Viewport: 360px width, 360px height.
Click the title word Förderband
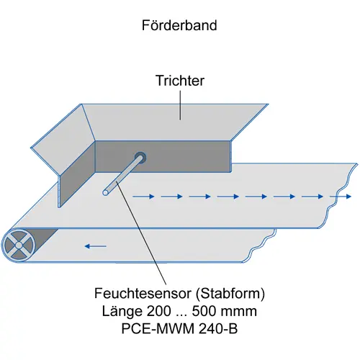(x=179, y=25)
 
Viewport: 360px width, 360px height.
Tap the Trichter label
(x=180, y=81)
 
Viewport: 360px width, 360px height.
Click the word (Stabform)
(x=230, y=294)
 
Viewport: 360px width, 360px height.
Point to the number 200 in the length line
(x=158, y=311)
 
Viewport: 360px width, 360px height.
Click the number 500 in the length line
(x=204, y=311)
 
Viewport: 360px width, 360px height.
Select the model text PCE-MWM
(x=158, y=328)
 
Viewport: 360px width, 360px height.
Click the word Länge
(x=122, y=312)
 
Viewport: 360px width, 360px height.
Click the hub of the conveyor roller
(x=19, y=246)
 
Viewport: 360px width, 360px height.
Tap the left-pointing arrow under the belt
(x=96, y=246)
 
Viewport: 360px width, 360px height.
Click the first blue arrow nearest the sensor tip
(x=143, y=197)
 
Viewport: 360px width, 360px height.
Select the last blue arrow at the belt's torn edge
(x=341, y=197)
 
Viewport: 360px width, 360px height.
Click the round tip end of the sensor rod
(x=105, y=192)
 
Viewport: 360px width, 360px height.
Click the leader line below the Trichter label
(x=180, y=105)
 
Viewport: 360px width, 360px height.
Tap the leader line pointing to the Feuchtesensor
(x=141, y=233)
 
